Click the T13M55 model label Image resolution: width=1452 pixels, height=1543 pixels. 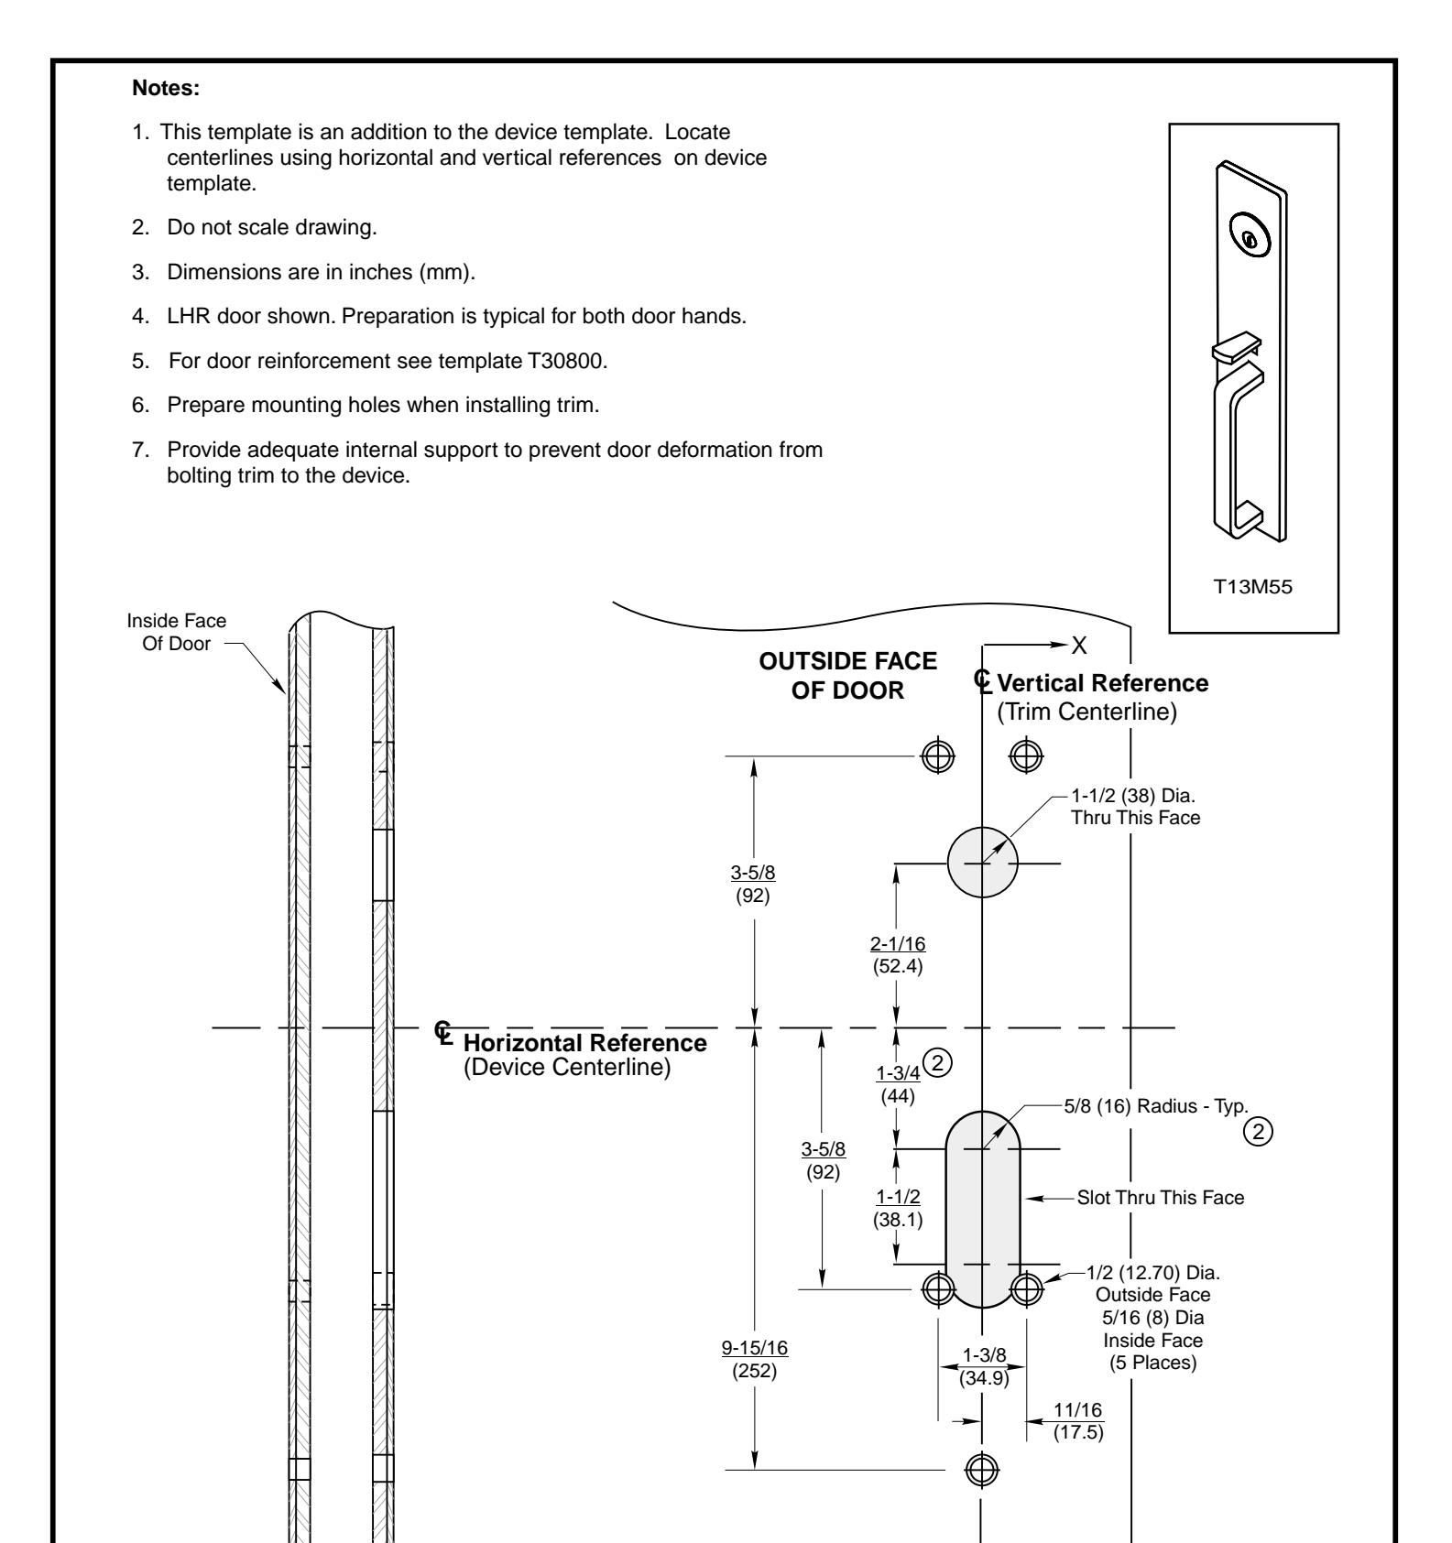(x=1253, y=587)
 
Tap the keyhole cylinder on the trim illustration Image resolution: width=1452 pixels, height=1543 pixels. (x=1250, y=238)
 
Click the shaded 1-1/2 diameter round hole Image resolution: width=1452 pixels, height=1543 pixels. (x=982, y=864)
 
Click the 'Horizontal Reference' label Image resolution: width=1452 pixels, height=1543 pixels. (x=585, y=1042)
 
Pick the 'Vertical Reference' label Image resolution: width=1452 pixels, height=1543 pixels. (x=1102, y=683)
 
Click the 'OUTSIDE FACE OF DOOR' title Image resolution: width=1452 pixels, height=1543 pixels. (x=848, y=675)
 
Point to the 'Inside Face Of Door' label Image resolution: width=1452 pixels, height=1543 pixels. (x=177, y=632)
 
